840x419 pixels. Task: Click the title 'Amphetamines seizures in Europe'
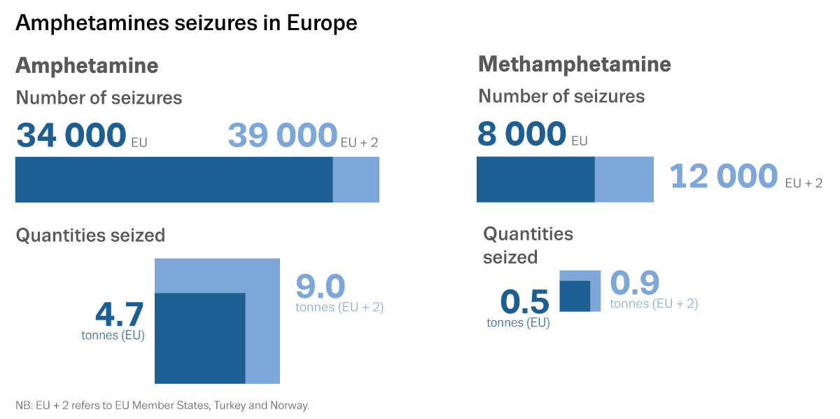click(x=186, y=23)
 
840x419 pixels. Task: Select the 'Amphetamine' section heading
click(x=87, y=66)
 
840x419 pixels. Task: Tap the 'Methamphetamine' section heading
click(x=575, y=64)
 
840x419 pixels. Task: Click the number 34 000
click(x=71, y=135)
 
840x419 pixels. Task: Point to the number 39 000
click(x=283, y=135)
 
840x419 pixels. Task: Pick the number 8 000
click(x=521, y=134)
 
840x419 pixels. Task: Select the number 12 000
click(x=724, y=177)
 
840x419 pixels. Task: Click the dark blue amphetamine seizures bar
click(x=174, y=179)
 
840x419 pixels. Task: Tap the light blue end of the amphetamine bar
click(x=356, y=179)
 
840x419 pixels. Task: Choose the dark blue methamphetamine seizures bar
click(x=535, y=179)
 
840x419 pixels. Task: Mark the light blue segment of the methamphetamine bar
click(x=624, y=179)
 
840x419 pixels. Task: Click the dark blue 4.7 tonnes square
click(x=199, y=338)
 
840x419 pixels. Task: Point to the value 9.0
click(x=321, y=287)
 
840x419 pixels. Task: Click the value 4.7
click(x=119, y=315)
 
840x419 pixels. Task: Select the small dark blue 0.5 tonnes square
click(x=575, y=296)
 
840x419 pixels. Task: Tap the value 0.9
click(x=635, y=284)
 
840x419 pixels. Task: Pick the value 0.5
click(x=525, y=302)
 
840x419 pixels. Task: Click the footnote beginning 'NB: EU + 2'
click(x=162, y=405)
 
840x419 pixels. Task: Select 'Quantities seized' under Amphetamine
click(x=90, y=235)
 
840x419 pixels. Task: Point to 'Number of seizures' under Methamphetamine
click(x=561, y=96)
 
